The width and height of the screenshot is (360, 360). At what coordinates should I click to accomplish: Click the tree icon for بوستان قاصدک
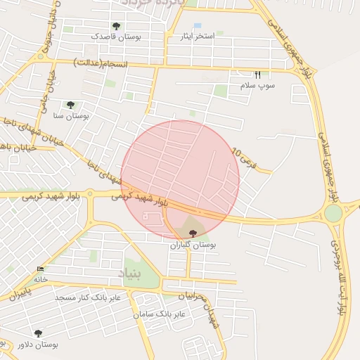(x=116, y=27)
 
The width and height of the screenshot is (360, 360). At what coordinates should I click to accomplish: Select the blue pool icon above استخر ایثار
(x=198, y=27)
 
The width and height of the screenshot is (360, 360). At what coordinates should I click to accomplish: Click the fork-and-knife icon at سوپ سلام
(x=257, y=75)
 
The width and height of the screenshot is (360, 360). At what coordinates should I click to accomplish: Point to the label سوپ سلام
(x=257, y=85)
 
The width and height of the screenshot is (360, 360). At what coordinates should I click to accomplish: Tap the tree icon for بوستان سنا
(x=70, y=105)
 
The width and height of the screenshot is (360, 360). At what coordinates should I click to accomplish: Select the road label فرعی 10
(x=240, y=154)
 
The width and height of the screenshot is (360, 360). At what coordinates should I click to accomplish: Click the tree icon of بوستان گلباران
(x=193, y=232)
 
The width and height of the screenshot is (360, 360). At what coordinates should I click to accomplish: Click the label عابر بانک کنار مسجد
(x=89, y=298)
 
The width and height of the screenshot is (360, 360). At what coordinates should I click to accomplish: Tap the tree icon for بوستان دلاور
(x=38, y=333)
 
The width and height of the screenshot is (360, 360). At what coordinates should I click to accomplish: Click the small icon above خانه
(x=40, y=269)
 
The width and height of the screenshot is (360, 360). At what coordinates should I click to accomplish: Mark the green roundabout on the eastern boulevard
(x=333, y=212)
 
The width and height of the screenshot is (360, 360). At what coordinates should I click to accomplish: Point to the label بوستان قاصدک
(x=117, y=37)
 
